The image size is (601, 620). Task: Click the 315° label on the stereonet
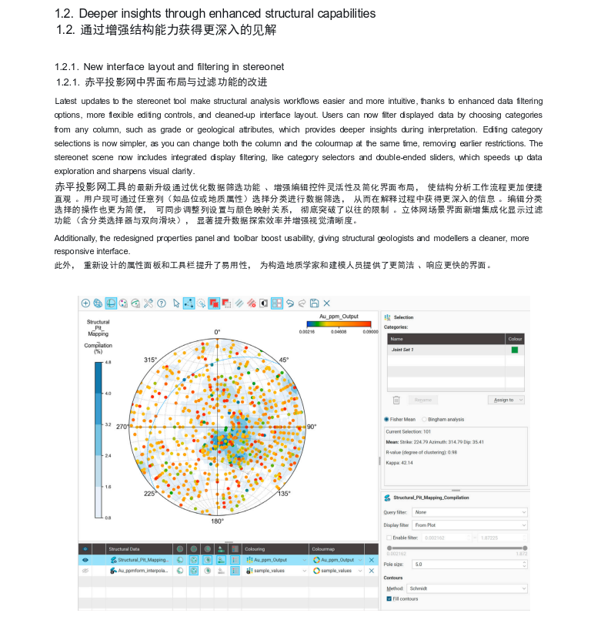tap(151, 360)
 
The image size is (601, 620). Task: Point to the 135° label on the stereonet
tap(284, 494)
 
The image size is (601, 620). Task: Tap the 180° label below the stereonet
tap(217, 521)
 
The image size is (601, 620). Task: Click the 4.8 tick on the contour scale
tap(108, 362)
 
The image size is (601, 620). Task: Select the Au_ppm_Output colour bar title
tap(339, 316)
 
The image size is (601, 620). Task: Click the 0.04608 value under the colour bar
tap(339, 332)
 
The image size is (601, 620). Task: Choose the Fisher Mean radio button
tap(386, 420)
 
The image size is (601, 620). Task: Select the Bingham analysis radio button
tap(424, 420)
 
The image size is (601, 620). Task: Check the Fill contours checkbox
tap(389, 598)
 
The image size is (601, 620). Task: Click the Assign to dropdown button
tap(506, 400)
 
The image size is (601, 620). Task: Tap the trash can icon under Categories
tap(396, 400)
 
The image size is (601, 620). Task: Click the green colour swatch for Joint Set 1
tap(515, 350)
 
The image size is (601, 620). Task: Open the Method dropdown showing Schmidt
tap(469, 588)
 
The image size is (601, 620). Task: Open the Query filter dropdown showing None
tap(469, 512)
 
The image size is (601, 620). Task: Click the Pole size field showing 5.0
tap(469, 564)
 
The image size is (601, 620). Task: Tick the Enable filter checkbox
tap(389, 537)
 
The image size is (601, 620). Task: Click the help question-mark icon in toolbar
tap(162, 303)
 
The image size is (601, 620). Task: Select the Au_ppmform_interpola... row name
tap(142, 571)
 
